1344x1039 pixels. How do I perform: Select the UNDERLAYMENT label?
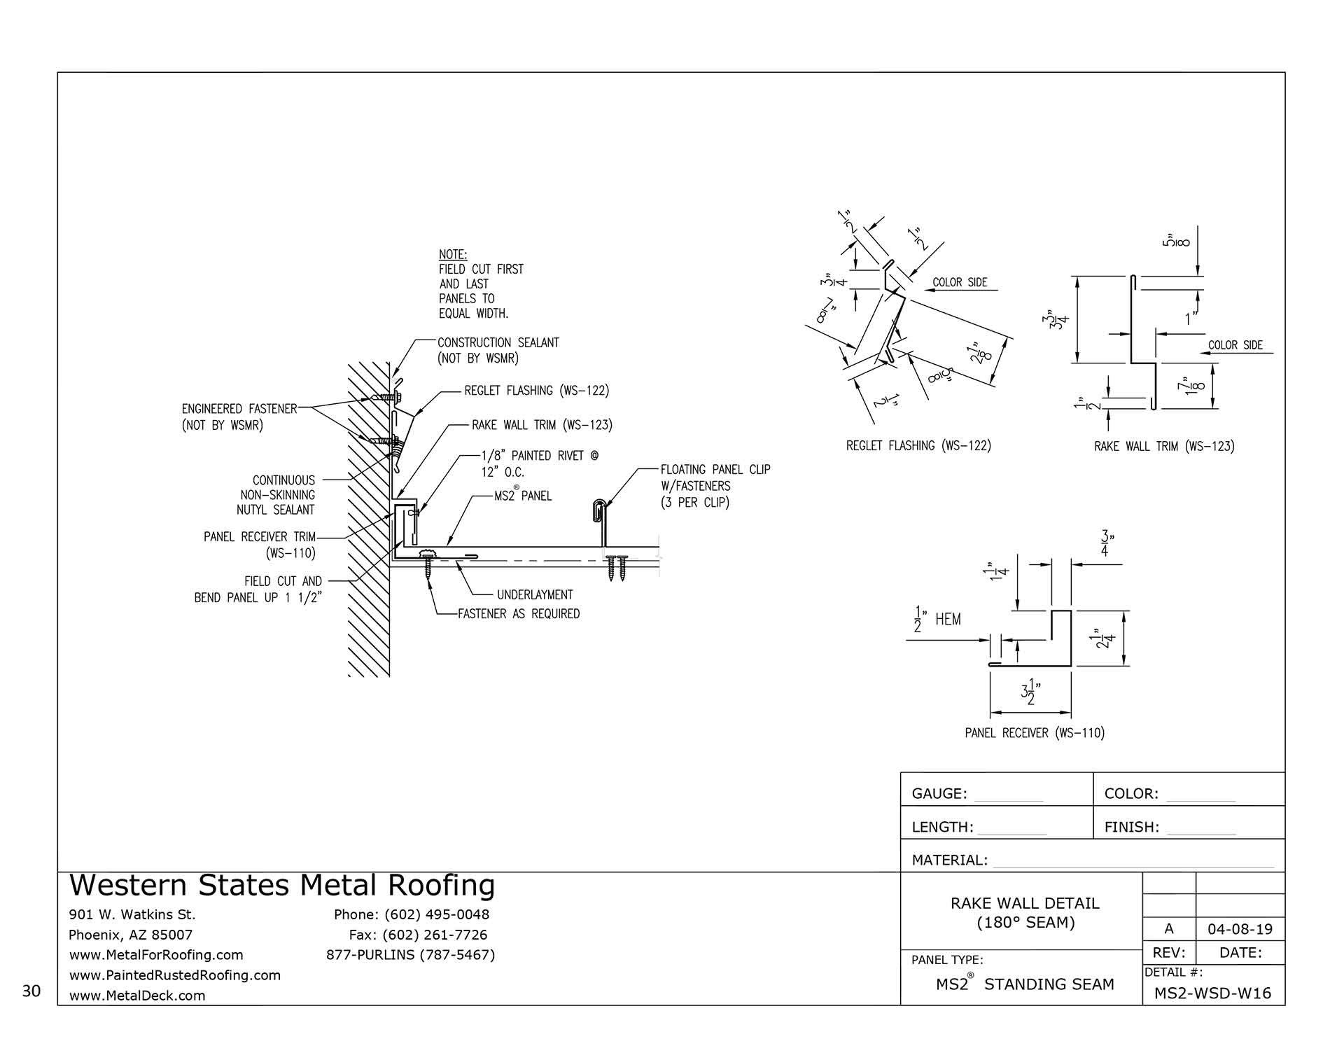(x=535, y=595)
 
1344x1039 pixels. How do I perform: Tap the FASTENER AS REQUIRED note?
(x=519, y=614)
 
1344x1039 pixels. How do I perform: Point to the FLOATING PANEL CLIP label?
(x=715, y=470)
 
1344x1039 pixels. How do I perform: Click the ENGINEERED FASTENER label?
(x=239, y=409)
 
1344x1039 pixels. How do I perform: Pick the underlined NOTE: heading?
(x=452, y=254)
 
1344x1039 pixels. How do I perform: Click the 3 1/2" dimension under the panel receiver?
(x=1030, y=694)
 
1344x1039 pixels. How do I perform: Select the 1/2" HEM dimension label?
(x=937, y=620)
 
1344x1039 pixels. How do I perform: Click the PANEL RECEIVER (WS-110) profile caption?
(x=1034, y=733)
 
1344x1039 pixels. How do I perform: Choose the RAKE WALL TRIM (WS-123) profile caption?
(x=1164, y=446)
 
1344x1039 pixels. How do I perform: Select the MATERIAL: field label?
(x=949, y=860)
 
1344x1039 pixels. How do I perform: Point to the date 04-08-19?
(x=1240, y=930)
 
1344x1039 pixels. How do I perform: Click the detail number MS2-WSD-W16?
(x=1212, y=993)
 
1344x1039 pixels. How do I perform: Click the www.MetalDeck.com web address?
(x=137, y=996)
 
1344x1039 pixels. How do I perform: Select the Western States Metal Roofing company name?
(x=282, y=886)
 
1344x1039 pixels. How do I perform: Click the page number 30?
(x=31, y=991)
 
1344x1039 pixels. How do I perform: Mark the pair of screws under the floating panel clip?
(x=617, y=566)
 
